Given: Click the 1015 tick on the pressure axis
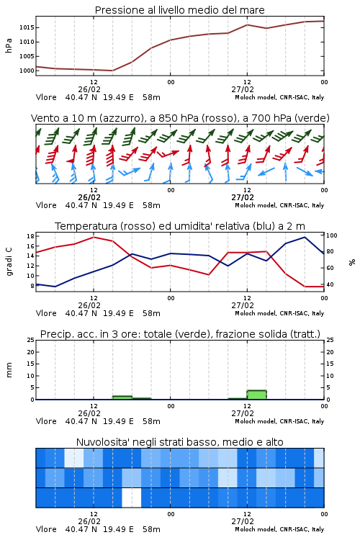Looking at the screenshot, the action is coord(27,27).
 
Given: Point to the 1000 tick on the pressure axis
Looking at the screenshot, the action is coord(27,71).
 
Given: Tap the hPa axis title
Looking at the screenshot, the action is coord(9,45).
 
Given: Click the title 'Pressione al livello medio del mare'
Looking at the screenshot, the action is coord(180,10).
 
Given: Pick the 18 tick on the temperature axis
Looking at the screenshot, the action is coord(30,236).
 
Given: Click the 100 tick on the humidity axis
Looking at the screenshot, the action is coord(332,235).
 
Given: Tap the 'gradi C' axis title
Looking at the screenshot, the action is coord(9,261).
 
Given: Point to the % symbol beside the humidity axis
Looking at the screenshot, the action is coord(352,262).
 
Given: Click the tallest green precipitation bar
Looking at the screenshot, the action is coord(256,395).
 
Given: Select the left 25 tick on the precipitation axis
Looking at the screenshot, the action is coord(30,341).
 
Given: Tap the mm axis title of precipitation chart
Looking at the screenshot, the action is coord(9,370).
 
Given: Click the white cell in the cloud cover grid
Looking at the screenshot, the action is coord(132,498).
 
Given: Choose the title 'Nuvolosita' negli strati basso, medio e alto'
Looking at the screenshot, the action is coord(180,442).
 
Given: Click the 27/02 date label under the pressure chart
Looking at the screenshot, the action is coord(243,89).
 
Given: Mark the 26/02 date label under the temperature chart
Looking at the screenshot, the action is coord(89,305).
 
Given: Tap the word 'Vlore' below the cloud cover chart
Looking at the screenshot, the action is coord(46,529).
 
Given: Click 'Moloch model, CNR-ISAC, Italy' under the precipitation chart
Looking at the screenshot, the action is coord(279,421).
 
